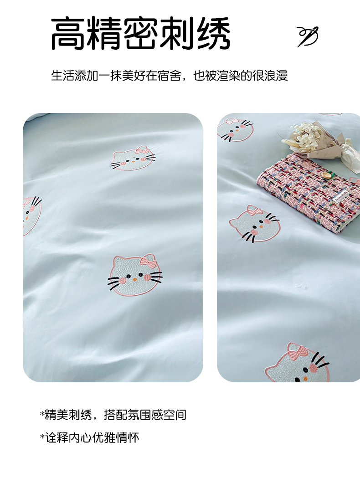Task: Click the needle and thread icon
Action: [308, 36]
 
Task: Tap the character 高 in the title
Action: [68, 34]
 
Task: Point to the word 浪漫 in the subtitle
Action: [276, 76]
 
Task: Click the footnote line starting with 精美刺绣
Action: [113, 415]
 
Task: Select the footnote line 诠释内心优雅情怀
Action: [90, 437]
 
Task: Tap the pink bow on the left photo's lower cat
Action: [148, 262]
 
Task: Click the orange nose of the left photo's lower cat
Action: [135, 279]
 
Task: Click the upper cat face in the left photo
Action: [133, 158]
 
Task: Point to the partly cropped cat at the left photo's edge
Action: [31, 216]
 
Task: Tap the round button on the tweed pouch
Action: [326, 176]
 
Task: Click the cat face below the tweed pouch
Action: [255, 223]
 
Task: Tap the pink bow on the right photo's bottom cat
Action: [298, 353]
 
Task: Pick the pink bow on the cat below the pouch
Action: [255, 211]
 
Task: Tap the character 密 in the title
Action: [141, 34]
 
